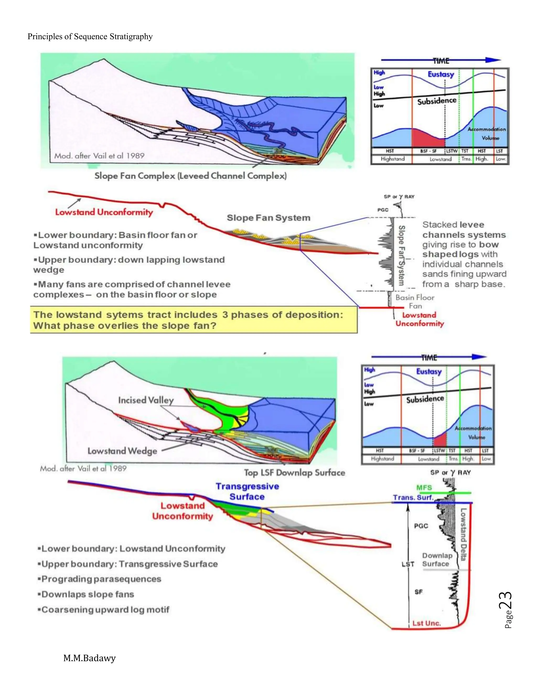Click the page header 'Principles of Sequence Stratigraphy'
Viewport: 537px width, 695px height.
point(90,37)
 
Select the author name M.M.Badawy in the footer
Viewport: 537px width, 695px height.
point(89,658)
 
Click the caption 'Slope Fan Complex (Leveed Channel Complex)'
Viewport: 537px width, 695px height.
point(191,176)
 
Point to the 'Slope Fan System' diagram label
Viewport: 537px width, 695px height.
point(268,218)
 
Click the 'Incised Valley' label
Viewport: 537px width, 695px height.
point(146,400)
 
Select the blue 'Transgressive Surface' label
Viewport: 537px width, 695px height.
point(247,492)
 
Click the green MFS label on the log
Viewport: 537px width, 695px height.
point(424,488)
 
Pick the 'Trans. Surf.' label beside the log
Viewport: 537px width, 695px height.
point(413,497)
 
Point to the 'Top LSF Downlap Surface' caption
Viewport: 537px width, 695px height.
point(294,473)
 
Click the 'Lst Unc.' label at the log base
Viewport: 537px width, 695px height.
point(427,623)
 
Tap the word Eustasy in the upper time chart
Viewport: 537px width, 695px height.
point(441,74)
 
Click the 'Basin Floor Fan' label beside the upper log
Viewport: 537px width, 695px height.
point(415,302)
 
